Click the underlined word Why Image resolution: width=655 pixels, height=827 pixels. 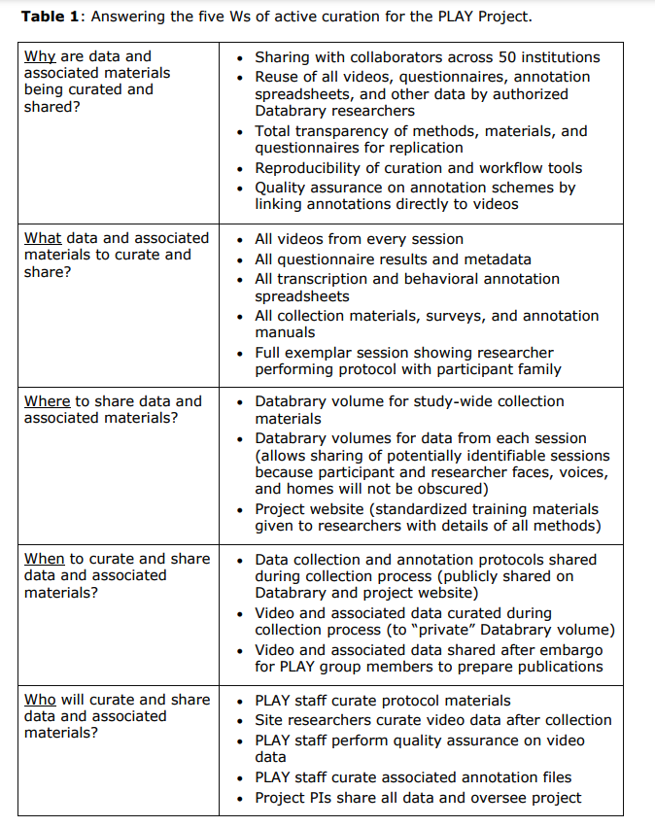pos(40,56)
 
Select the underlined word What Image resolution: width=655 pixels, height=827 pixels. pos(43,238)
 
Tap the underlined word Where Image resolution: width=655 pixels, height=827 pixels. pos(47,401)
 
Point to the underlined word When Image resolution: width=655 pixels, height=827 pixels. pos(45,559)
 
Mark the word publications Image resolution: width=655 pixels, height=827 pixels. pos(550,667)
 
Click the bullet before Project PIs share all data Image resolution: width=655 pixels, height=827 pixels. pos(240,799)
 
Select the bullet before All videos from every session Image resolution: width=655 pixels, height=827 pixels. pos(240,239)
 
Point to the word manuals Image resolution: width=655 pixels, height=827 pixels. pos(285,332)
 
